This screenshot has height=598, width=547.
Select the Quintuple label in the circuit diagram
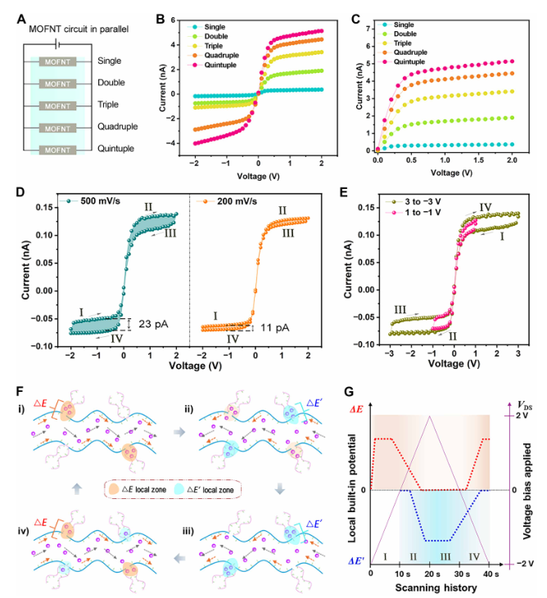click(x=116, y=150)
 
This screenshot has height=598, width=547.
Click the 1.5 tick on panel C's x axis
click(x=472, y=163)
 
